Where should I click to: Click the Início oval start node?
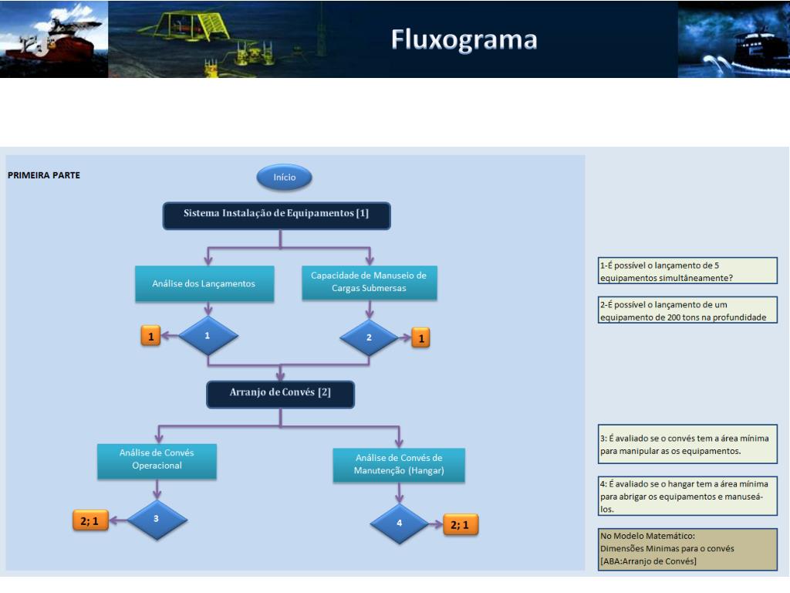[x=284, y=177]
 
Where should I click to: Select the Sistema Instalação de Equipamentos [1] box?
[x=277, y=216]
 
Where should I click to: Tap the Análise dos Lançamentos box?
[x=204, y=283]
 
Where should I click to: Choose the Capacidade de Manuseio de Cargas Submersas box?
[x=369, y=283]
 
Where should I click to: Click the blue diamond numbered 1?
[x=208, y=335]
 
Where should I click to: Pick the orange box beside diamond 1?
[x=150, y=337]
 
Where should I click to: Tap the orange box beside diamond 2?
[x=421, y=338]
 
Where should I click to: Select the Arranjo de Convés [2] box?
[x=280, y=394]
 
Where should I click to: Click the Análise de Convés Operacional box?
[x=157, y=461]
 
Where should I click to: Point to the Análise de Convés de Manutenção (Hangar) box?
[x=399, y=465]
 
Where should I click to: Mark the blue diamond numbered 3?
[x=157, y=520]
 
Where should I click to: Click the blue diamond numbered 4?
[x=399, y=524]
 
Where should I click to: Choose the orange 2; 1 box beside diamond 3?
[x=90, y=521]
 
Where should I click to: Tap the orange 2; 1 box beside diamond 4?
[x=460, y=525]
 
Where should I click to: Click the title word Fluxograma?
[x=464, y=40]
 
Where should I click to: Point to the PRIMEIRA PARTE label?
[x=44, y=175]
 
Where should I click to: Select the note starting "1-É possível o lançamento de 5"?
[x=687, y=271]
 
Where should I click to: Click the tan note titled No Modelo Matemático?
[x=687, y=549]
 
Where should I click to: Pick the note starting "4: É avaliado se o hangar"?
[x=687, y=496]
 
